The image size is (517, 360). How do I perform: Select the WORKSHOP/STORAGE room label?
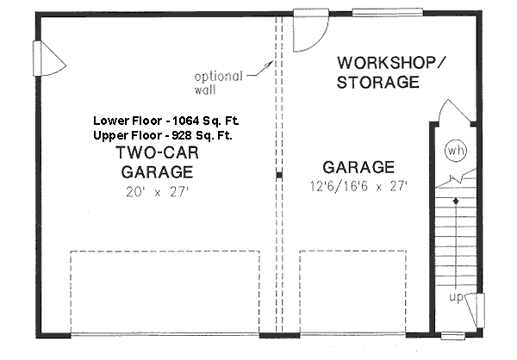click(x=378, y=73)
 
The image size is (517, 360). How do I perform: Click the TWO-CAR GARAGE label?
click(x=156, y=163)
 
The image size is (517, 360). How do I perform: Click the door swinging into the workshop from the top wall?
click(x=308, y=31)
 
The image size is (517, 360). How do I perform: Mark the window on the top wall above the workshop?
click(x=376, y=11)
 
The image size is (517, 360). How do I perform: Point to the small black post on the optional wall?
click(x=278, y=176)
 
